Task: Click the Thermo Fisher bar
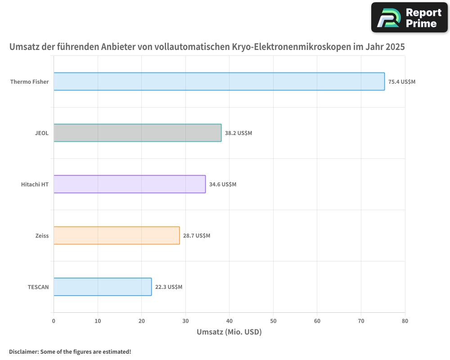tap(219, 81)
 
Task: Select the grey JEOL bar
tap(137, 133)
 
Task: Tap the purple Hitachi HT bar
tap(130, 184)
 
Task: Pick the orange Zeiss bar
tap(117, 235)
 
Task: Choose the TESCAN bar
tap(103, 287)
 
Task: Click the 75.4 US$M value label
tap(402, 82)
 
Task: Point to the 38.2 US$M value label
tap(238, 133)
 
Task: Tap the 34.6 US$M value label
tap(223, 184)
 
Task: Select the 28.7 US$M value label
tap(197, 236)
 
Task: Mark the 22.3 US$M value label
tap(169, 287)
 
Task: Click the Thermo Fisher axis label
tap(29, 82)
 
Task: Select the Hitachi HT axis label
tap(35, 184)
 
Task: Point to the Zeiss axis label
tap(42, 236)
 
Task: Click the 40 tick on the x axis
tap(229, 321)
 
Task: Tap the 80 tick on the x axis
tap(405, 321)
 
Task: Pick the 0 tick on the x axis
tap(54, 321)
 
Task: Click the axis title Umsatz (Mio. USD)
tap(229, 332)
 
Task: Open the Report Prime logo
tap(409, 18)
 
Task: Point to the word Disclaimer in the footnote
tap(23, 351)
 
